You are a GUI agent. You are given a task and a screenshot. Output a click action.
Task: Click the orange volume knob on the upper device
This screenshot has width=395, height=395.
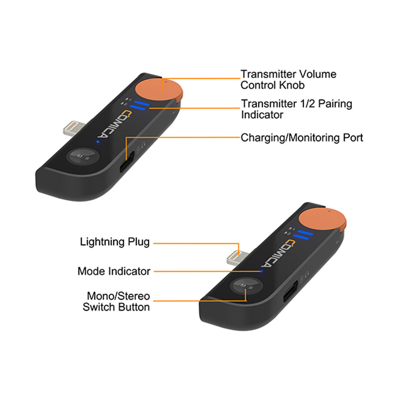click(159, 90)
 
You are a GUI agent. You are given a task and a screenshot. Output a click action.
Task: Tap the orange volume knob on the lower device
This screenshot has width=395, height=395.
click(322, 220)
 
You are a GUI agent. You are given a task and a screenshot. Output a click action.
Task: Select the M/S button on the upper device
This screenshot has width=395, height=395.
click(83, 156)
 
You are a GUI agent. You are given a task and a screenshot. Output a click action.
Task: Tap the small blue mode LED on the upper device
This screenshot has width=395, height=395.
click(98, 141)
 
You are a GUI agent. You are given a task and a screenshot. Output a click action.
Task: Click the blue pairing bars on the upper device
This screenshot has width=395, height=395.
click(140, 105)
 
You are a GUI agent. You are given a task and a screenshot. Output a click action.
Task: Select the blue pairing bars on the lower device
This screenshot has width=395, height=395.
click(303, 235)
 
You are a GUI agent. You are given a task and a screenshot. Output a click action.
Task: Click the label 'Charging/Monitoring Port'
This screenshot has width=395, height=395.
click(302, 138)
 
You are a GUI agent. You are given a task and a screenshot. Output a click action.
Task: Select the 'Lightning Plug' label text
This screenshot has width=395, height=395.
click(115, 242)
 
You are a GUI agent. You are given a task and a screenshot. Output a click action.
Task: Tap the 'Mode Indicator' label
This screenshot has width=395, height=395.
click(114, 271)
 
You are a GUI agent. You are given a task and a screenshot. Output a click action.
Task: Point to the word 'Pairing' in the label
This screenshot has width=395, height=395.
click(335, 104)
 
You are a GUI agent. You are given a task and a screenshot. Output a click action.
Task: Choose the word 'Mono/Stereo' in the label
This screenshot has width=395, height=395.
click(118, 296)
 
